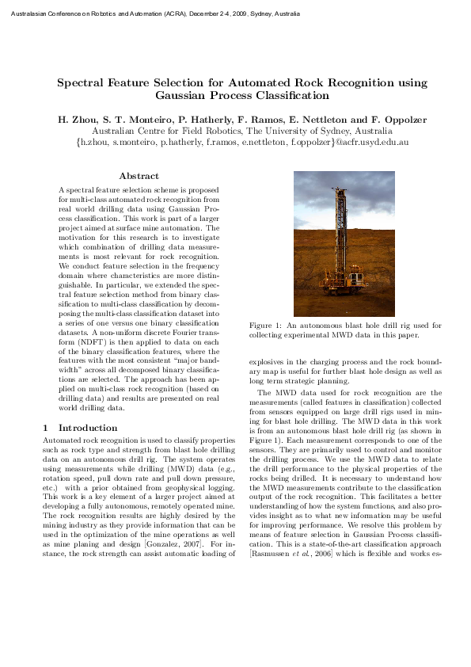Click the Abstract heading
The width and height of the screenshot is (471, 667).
[x=139, y=176]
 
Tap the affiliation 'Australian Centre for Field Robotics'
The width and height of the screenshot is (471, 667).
[x=166, y=131]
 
